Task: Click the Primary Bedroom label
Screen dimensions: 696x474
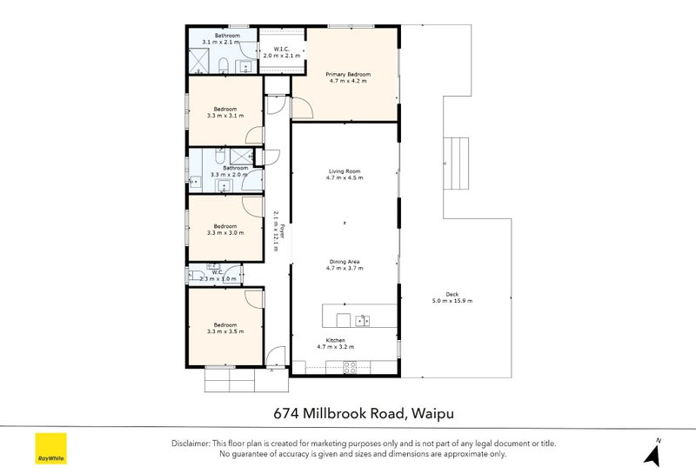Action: click(348, 74)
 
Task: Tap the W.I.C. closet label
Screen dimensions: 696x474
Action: click(281, 49)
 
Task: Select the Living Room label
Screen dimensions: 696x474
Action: click(345, 170)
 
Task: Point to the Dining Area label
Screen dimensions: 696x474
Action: click(345, 262)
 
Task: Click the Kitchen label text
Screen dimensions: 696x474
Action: click(336, 340)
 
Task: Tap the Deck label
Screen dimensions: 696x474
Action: click(452, 294)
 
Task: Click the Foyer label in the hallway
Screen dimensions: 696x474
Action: click(281, 230)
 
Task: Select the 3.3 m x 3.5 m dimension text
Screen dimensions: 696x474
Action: click(225, 331)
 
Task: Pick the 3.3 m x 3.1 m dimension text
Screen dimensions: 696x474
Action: click(225, 116)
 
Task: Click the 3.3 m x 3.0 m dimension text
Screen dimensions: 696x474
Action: click(225, 232)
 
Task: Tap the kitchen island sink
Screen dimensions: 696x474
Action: click(363, 320)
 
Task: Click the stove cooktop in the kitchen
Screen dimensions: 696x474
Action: click(350, 367)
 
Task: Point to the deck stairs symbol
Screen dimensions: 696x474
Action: click(456, 163)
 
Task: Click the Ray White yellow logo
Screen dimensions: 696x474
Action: click(51, 448)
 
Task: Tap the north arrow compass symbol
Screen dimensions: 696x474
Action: click(653, 453)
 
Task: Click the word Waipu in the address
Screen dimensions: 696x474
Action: click(432, 414)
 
